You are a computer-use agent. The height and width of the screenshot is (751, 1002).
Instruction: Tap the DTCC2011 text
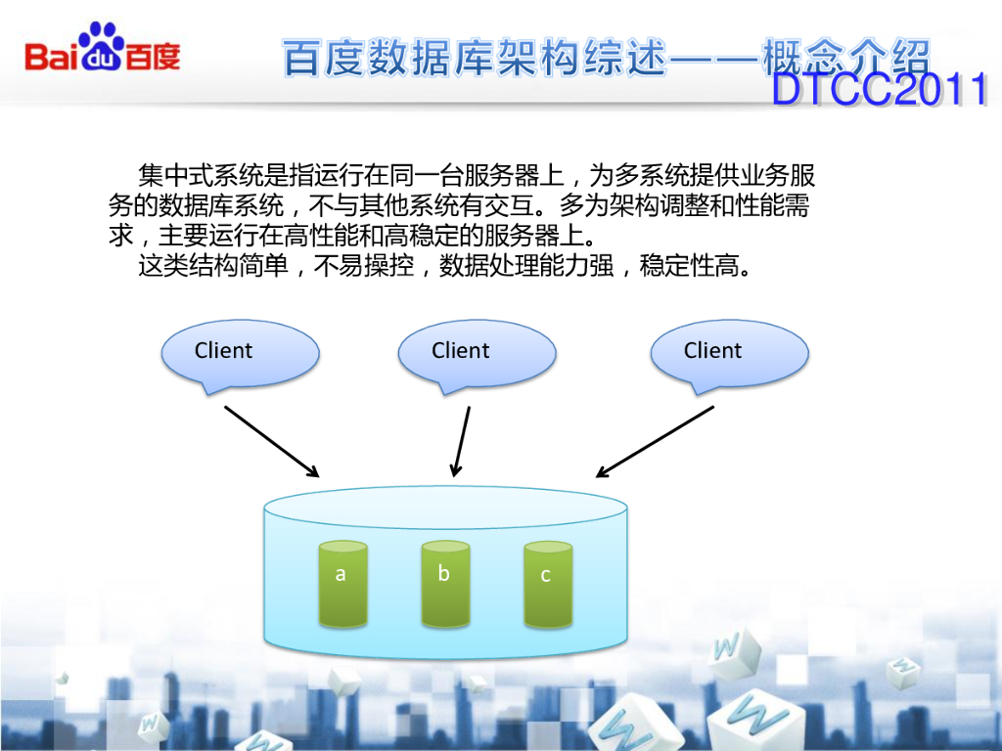pos(880,91)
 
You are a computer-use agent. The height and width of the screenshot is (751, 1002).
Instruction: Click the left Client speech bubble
pos(240,354)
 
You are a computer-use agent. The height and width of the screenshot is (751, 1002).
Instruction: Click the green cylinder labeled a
pos(342,584)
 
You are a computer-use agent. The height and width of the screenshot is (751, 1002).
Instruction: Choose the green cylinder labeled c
pos(548,584)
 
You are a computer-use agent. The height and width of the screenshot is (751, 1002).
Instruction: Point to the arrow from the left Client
pos(271,441)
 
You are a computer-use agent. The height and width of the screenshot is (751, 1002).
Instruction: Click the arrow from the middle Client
pos(461,441)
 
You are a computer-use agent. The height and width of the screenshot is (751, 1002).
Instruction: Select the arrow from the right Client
pos(655,441)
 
